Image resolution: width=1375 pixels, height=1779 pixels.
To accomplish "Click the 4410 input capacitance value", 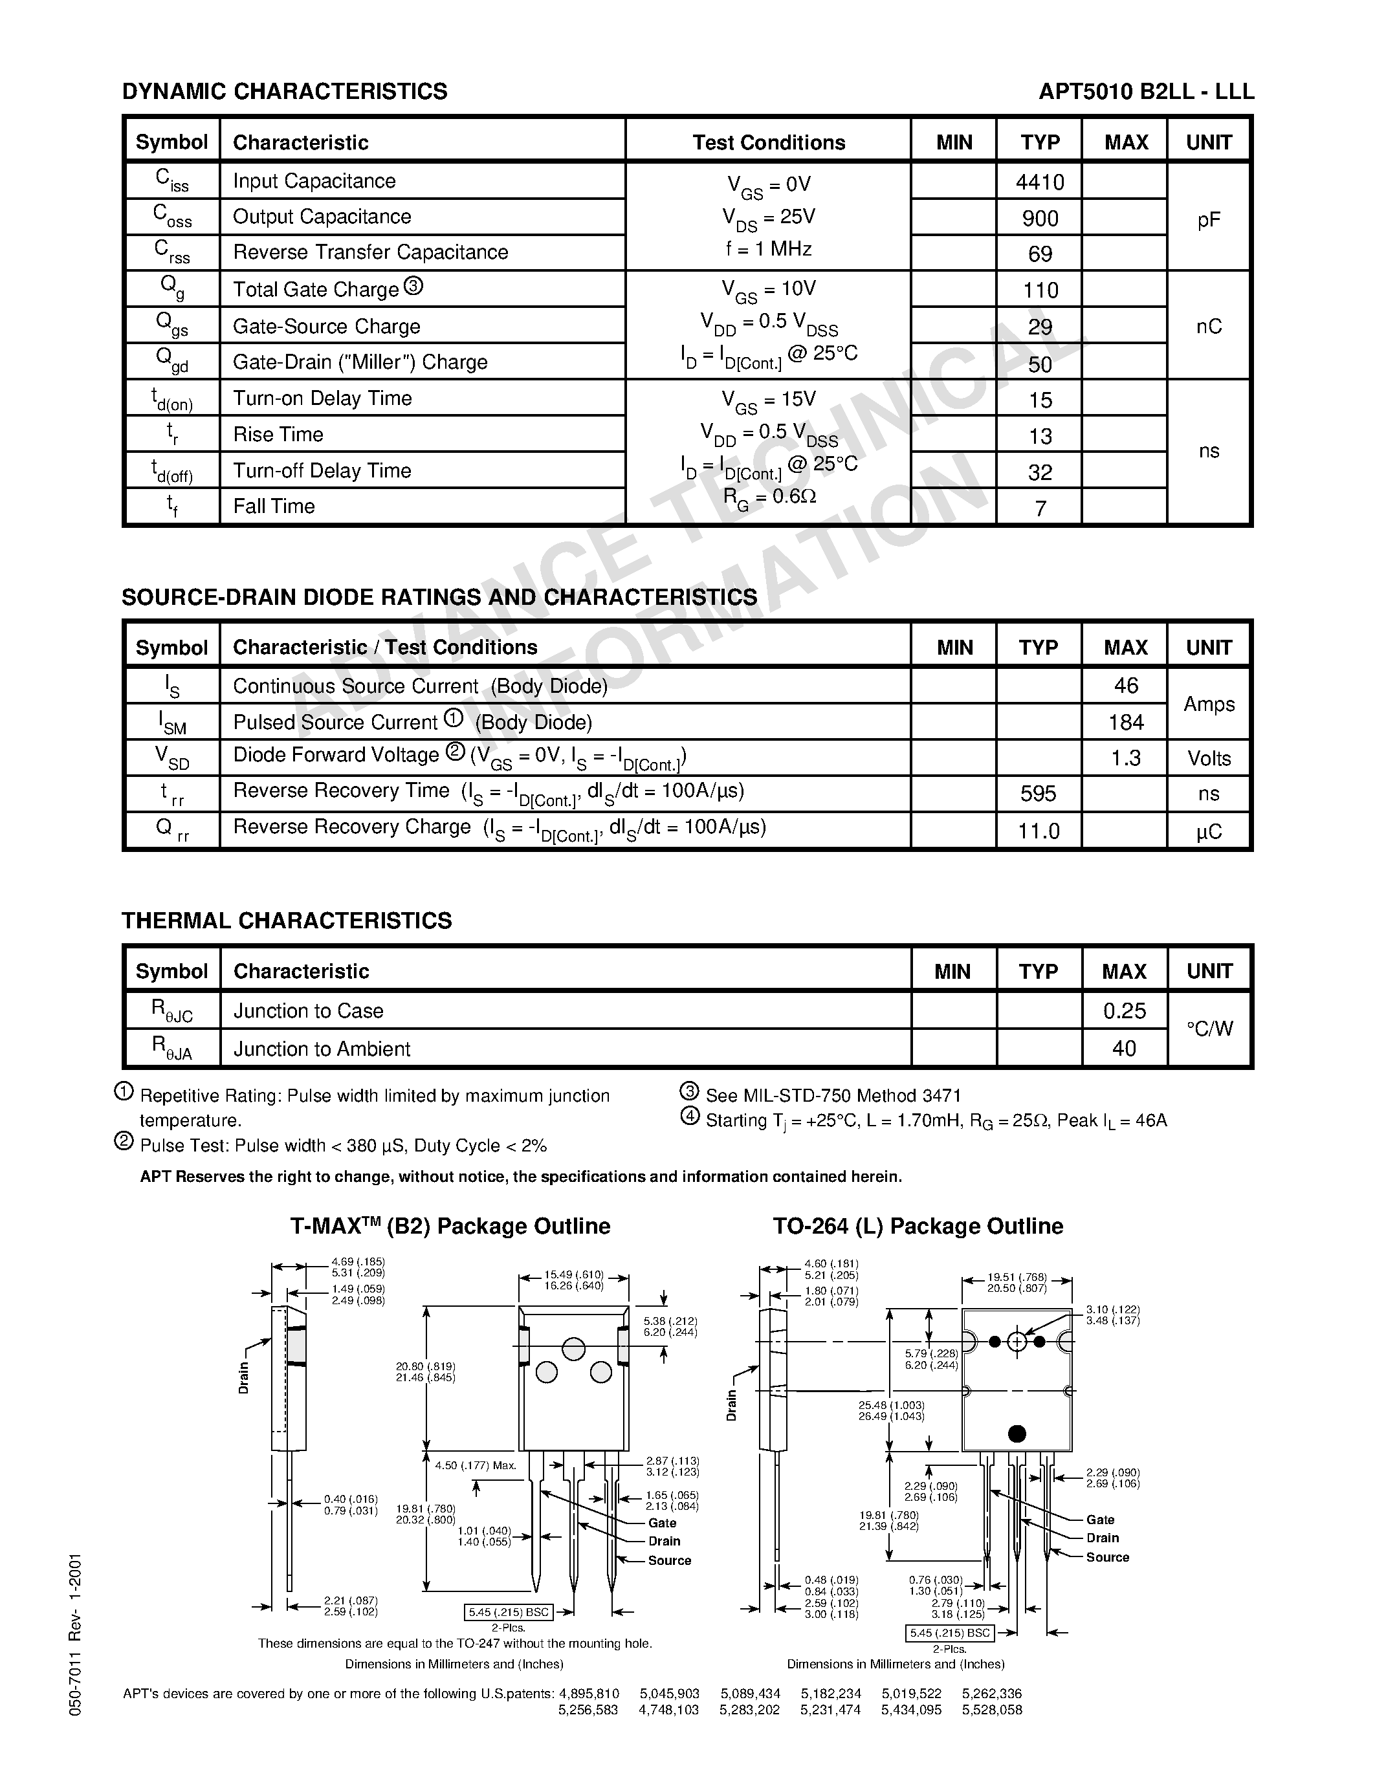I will [x=1039, y=182].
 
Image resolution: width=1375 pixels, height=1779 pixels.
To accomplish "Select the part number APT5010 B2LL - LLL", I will [x=1146, y=91].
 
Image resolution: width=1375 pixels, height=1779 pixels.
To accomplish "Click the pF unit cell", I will [x=1209, y=219].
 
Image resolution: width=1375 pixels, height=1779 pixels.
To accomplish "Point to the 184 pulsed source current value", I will [x=1126, y=722].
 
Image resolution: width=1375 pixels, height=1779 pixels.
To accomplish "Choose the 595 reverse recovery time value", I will [x=1039, y=793].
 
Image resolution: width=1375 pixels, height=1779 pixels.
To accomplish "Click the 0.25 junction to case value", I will [x=1124, y=1011].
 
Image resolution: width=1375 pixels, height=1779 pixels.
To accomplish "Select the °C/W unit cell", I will [x=1209, y=1029].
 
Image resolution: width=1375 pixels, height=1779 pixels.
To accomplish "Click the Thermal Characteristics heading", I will [x=286, y=921].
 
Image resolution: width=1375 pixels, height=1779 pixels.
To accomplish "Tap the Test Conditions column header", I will [x=768, y=142].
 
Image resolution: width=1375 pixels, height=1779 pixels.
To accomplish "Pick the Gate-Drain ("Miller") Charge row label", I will [x=360, y=362].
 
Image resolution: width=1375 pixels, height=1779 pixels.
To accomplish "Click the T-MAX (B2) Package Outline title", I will [x=450, y=1226].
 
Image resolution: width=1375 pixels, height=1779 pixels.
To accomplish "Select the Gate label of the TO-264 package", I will [x=1099, y=1519].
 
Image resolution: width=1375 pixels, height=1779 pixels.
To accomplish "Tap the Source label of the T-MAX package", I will [x=669, y=1560].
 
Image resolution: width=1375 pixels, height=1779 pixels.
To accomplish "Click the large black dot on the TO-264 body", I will [x=1017, y=1433].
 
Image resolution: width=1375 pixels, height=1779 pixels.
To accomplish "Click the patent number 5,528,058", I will [x=991, y=1710].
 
